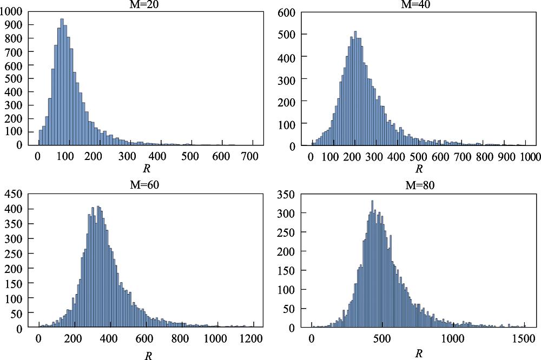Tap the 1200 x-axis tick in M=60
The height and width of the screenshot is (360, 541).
pyautogui.click(x=251, y=339)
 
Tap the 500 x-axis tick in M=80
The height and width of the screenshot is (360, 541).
pyautogui.click(x=382, y=339)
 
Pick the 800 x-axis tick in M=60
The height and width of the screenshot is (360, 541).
pyautogui.click(x=180, y=339)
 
